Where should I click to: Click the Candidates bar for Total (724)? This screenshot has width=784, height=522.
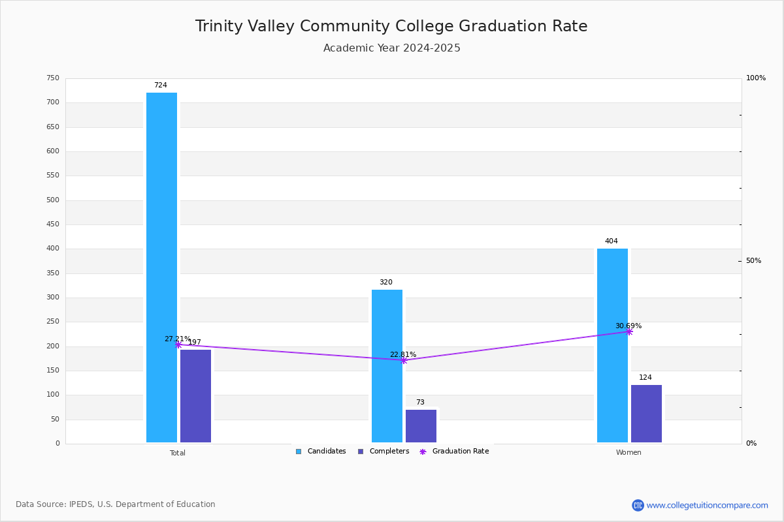point(161,268)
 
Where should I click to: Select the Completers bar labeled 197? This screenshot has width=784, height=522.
point(195,396)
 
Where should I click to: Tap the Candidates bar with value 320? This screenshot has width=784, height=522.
point(387,366)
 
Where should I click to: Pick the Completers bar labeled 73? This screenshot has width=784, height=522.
point(421,426)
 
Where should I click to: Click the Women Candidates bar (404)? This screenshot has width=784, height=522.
point(612,345)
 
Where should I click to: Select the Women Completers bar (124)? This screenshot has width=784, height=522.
point(646,414)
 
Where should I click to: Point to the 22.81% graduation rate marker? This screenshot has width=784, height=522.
point(404,360)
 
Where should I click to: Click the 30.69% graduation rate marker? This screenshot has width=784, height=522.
point(629,331)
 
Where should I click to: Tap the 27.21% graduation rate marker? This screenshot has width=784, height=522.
point(178,345)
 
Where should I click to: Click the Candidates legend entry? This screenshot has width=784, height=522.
point(321,452)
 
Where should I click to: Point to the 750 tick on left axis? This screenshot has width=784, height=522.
point(52,78)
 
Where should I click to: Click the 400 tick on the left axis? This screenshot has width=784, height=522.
point(52,249)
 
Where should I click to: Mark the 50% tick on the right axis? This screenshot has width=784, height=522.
point(753,261)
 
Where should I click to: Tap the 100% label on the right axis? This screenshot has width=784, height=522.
point(755,78)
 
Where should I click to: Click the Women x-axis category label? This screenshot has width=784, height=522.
point(629,453)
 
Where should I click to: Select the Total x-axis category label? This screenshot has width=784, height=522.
point(178,453)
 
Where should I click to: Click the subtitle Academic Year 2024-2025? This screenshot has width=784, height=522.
point(392,48)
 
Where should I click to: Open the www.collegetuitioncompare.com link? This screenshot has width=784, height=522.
point(707,505)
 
